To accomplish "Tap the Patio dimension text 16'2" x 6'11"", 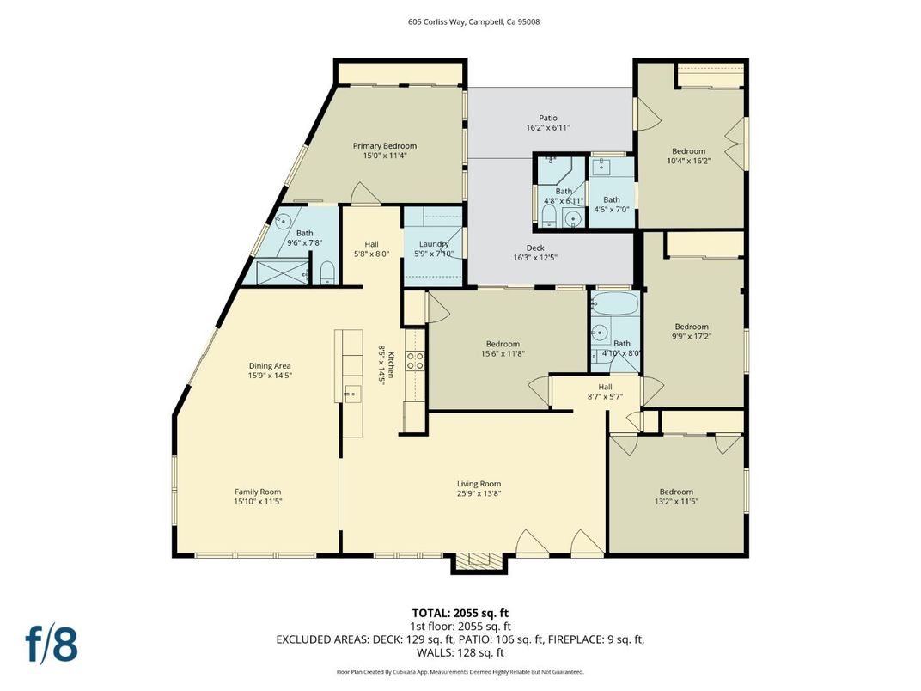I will pyautogui.click(x=548, y=128).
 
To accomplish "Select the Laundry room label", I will pyautogui.click(x=434, y=244).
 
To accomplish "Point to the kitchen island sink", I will pyautogui.click(x=351, y=394).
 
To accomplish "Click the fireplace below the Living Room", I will pyautogui.click(x=479, y=562).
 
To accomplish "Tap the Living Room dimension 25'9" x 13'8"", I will pyautogui.click(x=479, y=494).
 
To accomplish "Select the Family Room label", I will pyautogui.click(x=258, y=492).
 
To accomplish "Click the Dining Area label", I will pyautogui.click(x=270, y=365).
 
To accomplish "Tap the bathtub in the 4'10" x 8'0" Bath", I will pyautogui.click(x=615, y=305).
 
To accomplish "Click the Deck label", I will pyautogui.click(x=535, y=248).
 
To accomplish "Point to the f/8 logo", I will pyautogui.click(x=52, y=645).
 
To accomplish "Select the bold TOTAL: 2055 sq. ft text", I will pyautogui.click(x=461, y=613).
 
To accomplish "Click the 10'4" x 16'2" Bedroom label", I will pyautogui.click(x=688, y=151).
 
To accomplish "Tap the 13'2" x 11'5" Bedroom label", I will pyautogui.click(x=676, y=492).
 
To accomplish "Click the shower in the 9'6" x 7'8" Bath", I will pyautogui.click(x=275, y=274).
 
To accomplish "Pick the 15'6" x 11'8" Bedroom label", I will pyautogui.click(x=503, y=344).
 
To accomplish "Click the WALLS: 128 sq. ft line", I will pyautogui.click(x=460, y=652).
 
